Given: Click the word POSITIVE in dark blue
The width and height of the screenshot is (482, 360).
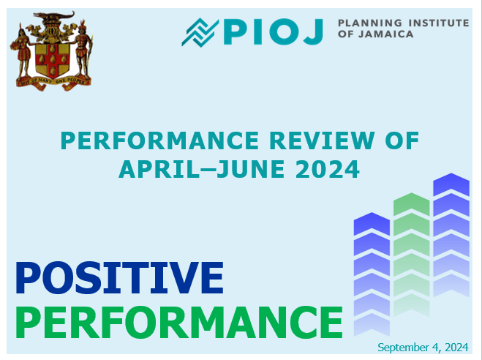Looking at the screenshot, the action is coord(119,278).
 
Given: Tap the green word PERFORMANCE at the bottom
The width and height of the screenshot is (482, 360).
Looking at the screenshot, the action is coord(179,322).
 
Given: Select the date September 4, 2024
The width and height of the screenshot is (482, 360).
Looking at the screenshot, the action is coord(423,348).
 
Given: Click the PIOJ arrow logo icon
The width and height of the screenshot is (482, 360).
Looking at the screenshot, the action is coord(200,32).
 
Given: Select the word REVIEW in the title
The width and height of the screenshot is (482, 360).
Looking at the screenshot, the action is coord(322,140).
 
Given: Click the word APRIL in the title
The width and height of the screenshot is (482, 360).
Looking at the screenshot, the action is coord(159,169).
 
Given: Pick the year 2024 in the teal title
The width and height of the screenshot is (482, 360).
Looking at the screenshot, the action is coord(328,169).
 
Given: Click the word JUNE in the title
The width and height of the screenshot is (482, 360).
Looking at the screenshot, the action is coord(251,169).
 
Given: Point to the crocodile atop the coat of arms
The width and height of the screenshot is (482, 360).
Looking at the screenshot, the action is coord(54,15).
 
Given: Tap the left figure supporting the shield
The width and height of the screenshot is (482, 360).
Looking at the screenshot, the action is coord(21,52).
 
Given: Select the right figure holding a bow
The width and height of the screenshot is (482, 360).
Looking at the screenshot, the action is coord(83,50).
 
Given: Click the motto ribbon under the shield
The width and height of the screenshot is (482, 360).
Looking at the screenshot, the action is coord(54,83).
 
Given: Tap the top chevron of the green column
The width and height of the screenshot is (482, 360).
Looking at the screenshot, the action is coord(411,203).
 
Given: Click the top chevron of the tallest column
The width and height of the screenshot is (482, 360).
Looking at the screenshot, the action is coord(451,184).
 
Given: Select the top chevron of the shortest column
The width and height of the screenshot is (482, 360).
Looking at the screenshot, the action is coord(372,223).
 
